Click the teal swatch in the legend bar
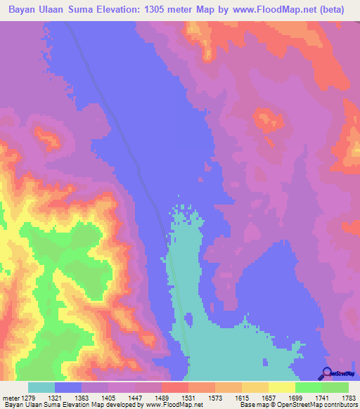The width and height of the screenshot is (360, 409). coord(41,387)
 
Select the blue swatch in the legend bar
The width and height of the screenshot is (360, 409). coord(68,387)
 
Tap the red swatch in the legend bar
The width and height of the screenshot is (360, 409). coord(175,387)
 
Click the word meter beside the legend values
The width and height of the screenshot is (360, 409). coord(12,398)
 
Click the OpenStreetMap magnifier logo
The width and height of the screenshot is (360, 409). coord(326,372)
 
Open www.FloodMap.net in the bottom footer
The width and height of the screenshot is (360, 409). coord(172,405)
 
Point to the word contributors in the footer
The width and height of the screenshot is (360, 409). coord(341,405)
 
